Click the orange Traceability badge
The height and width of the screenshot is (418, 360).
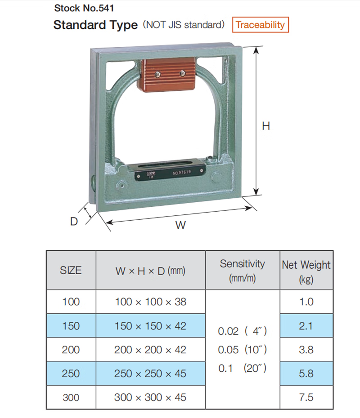tap(260, 25)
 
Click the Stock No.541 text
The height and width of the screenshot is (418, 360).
tap(84, 8)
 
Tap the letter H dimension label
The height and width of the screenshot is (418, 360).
tap(266, 126)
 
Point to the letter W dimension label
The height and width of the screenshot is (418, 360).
tap(180, 225)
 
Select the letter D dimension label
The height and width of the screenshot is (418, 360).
tap(74, 221)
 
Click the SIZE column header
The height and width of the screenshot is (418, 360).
tap(71, 270)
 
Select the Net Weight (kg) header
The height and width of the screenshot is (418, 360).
tap(306, 271)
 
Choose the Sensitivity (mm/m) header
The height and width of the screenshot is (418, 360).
tap(242, 271)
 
